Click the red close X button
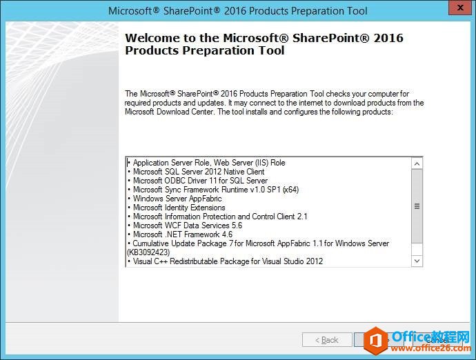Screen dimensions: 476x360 [460, 8]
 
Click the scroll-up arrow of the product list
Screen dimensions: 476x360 [417, 163]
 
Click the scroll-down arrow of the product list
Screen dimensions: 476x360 [417, 261]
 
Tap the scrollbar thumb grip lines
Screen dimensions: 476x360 [417, 206]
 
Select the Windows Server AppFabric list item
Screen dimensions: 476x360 [177, 199]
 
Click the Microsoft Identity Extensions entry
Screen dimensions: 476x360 [179, 208]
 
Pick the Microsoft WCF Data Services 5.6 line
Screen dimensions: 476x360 [188, 226]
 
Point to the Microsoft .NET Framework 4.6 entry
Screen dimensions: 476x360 [183, 234]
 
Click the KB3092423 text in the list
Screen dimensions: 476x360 [148, 252]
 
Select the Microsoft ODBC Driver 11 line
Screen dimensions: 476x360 [200, 181]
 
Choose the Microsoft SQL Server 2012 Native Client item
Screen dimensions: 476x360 [199, 172]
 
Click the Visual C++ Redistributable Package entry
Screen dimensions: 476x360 [228, 261]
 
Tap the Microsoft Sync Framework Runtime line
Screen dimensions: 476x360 [216, 190]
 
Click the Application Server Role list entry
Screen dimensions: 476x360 [209, 163]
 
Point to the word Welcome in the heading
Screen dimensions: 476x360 [152, 38]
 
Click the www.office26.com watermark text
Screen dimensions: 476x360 [431, 348]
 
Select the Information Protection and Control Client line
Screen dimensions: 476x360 [220, 217]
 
